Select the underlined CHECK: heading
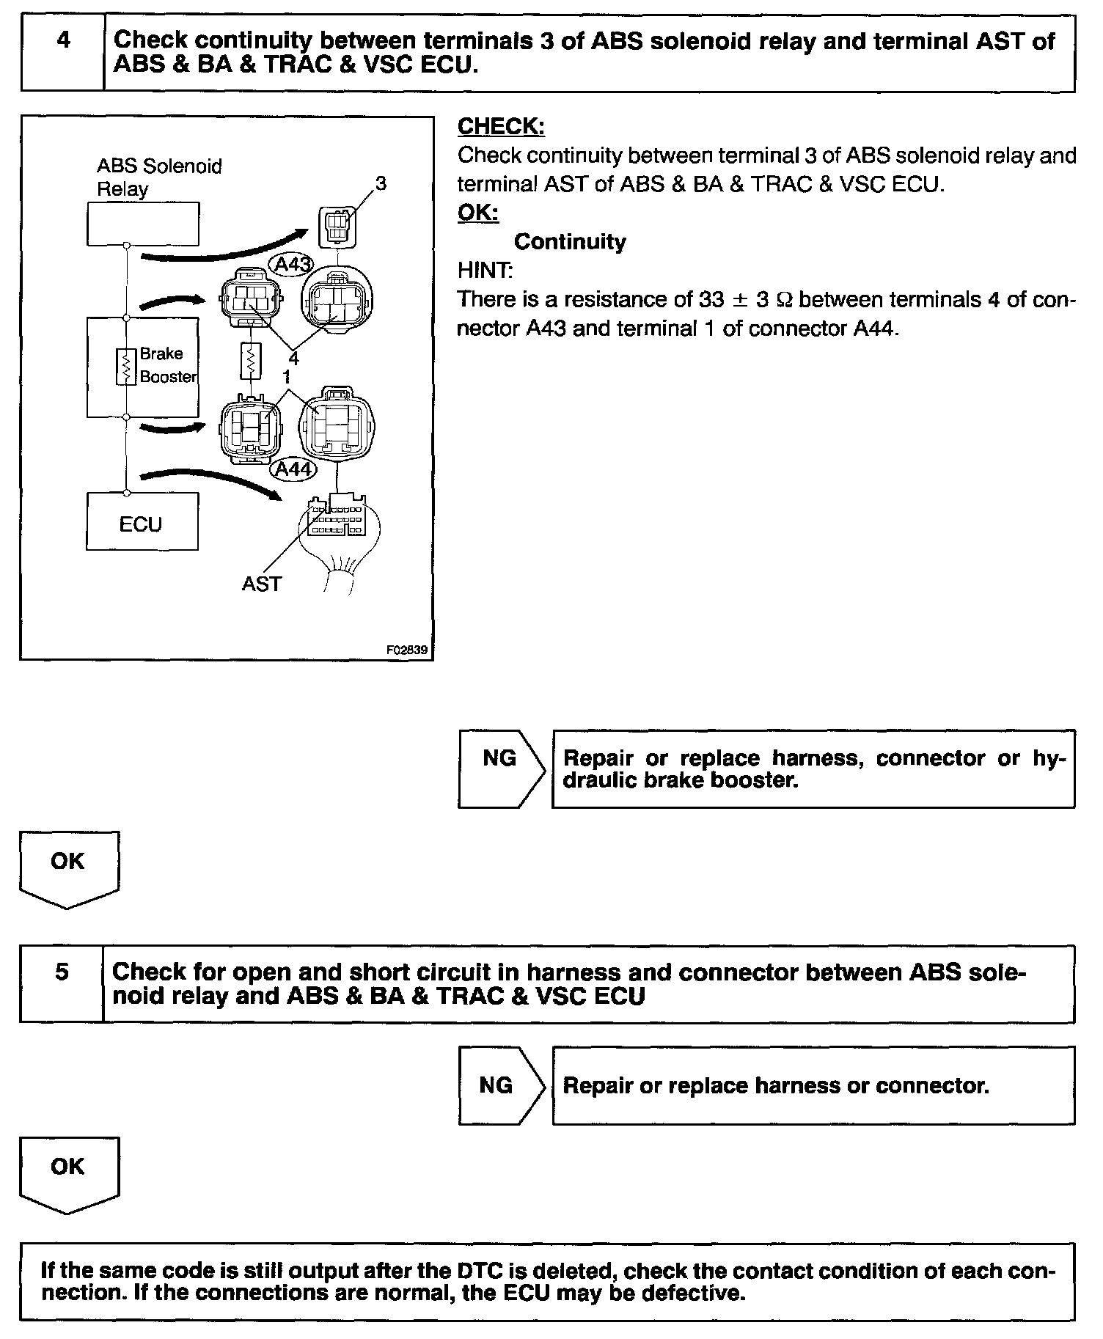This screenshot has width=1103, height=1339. pos(501,127)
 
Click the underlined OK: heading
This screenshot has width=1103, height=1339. pos(477,213)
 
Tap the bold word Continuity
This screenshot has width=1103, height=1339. pos(570,242)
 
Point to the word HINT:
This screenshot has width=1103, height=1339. pos(485,271)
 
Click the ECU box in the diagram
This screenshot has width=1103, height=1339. pos(142,521)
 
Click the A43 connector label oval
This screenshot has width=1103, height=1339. pos(290,264)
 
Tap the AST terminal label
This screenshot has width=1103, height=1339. pos(261,584)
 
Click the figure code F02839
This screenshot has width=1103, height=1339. pos(407,650)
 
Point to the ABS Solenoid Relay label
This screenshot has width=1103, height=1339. pos(158,177)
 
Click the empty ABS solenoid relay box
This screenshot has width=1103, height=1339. pos(142,223)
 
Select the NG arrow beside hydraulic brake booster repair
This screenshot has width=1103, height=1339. pos(501,768)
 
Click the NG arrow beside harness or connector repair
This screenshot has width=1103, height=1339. pos(501,1085)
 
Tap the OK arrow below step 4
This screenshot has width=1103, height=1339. pos(68,868)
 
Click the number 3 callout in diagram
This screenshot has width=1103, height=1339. pos(381,183)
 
